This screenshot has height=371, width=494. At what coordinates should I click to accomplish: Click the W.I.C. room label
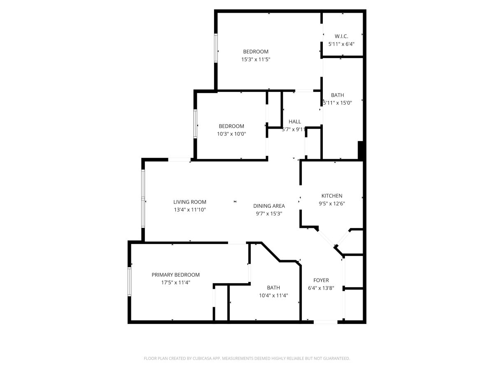[341, 36]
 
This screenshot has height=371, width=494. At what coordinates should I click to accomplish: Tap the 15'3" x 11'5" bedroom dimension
[256, 59]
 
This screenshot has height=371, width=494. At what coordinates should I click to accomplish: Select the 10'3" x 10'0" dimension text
[231, 134]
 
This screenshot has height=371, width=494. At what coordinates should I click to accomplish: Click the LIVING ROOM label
[190, 202]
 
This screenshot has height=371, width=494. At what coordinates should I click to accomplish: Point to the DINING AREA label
[269, 206]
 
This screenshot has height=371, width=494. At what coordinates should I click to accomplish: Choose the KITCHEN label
[332, 196]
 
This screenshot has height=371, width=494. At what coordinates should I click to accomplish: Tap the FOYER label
[321, 280]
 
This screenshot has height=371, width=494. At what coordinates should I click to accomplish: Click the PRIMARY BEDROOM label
[175, 275]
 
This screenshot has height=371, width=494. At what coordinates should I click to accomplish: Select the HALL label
[295, 122]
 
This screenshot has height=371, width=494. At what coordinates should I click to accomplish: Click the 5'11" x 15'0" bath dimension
[337, 103]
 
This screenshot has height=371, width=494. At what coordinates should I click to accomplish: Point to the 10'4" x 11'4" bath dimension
[273, 295]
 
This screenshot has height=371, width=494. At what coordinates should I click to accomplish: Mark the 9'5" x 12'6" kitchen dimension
[332, 203]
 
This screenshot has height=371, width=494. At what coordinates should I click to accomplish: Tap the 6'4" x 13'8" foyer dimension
[321, 288]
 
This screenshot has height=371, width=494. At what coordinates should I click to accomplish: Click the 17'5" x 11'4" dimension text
[175, 282]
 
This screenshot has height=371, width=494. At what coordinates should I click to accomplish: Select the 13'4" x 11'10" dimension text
[190, 210]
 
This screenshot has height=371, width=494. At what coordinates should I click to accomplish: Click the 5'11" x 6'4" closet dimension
[341, 44]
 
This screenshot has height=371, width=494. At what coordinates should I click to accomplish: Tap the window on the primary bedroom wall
[129, 282]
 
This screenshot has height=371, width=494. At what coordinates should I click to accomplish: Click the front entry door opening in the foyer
[326, 322]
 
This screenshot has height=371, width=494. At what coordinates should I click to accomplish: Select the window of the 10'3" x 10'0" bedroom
[196, 124]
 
